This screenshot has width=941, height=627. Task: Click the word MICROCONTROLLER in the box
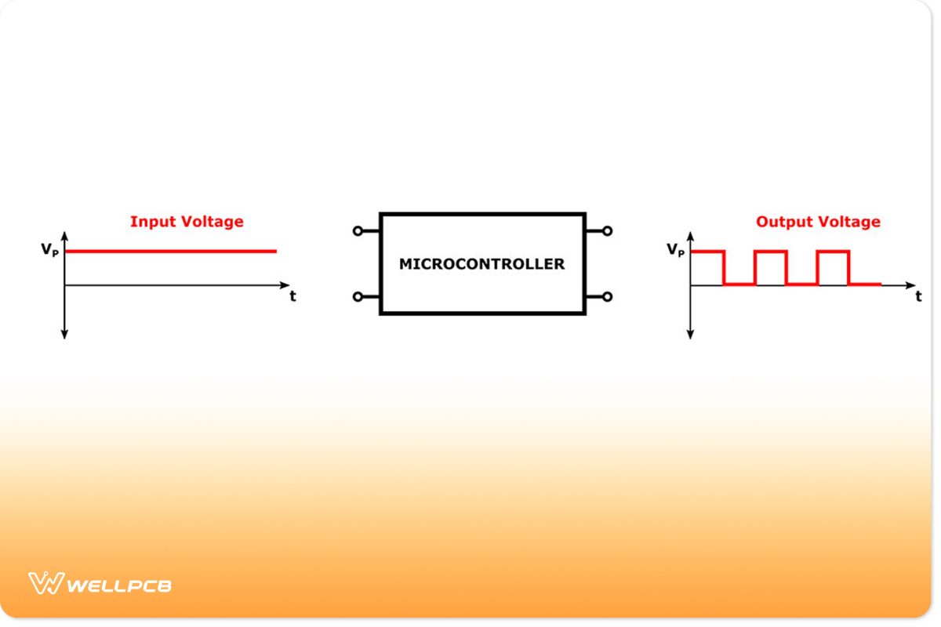coord(481,264)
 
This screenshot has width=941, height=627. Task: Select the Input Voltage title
coord(187,222)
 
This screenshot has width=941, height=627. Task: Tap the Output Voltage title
coord(818,222)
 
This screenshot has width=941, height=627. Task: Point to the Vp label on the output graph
coord(675,250)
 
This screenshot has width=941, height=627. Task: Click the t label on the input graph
coord(292,297)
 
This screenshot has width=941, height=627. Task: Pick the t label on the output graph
coord(918,297)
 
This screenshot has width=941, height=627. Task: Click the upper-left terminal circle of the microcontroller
coord(358,231)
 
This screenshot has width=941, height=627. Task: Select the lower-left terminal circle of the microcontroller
coord(358,297)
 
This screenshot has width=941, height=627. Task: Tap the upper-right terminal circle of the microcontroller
coord(607,231)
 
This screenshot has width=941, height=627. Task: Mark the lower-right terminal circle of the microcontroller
coord(607,297)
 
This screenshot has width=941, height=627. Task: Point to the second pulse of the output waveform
coord(770,252)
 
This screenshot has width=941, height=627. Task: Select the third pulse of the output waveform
coord(833,252)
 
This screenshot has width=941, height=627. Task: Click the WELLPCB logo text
coord(119,585)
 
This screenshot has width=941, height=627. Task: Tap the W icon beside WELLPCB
coord(45,584)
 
